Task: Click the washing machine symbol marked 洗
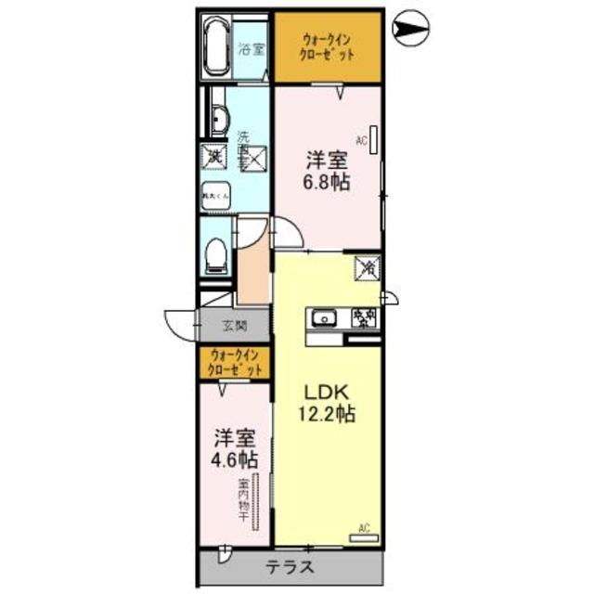[214, 157]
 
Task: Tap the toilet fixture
[214, 252]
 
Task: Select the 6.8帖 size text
[329, 182]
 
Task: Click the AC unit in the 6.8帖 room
[373, 137]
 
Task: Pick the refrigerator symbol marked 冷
[367, 268]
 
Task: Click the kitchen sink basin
[325, 318]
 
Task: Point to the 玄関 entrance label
[235, 326]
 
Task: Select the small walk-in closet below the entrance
[235, 361]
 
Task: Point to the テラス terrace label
[291, 567]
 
